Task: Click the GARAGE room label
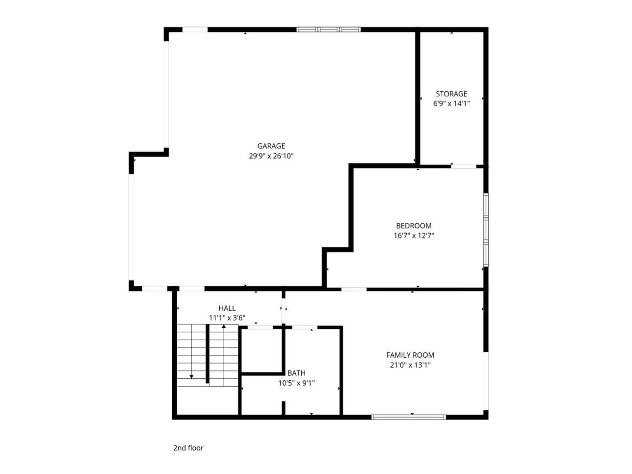271,146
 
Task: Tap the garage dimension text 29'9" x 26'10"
271,156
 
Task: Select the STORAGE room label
451,94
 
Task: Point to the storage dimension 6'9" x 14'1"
451,104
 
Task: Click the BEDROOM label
414,226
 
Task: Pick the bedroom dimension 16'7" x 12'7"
414,236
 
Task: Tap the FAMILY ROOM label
410,355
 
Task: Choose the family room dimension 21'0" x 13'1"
410,365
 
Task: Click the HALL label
227,308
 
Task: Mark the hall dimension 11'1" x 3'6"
227,318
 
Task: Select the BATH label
296,373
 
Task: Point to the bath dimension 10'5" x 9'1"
296,383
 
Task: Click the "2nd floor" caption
188,448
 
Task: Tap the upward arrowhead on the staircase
224,326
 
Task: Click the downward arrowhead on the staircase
191,376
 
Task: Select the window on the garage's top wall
329,29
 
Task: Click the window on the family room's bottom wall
409,417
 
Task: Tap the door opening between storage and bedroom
464,166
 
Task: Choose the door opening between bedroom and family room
354,289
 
